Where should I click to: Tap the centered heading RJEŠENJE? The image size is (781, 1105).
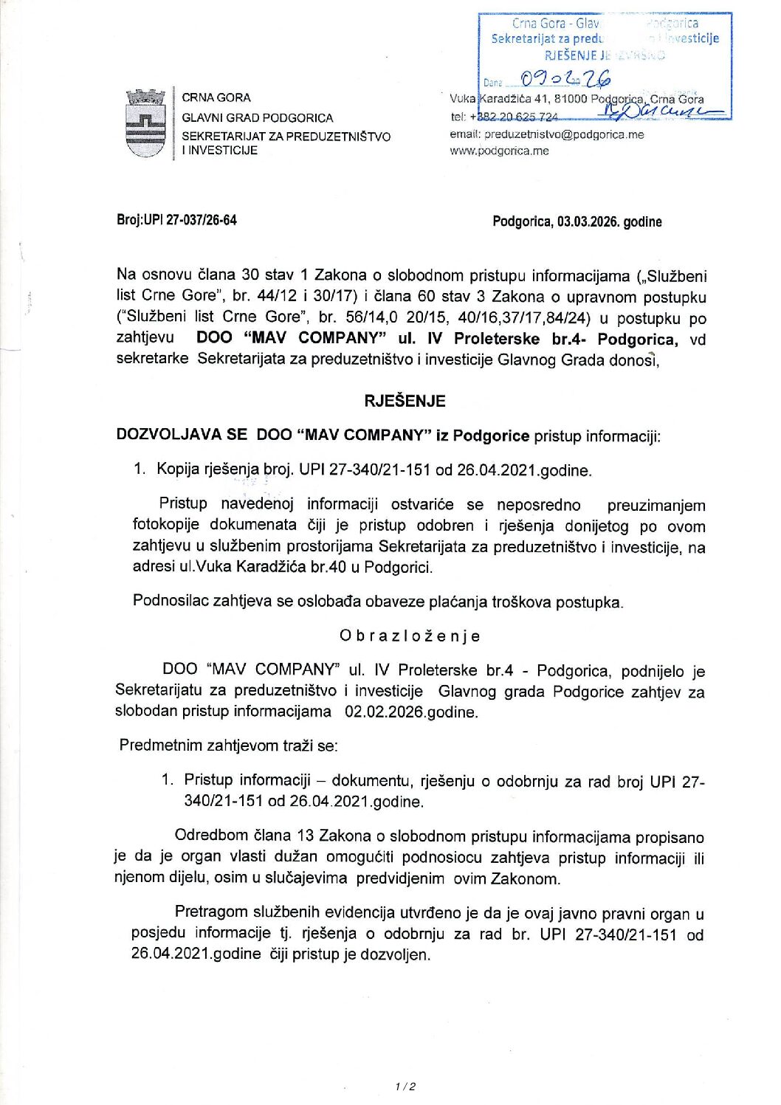[405, 401]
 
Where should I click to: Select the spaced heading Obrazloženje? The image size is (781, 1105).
[410, 636]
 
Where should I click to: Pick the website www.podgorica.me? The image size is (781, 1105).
[499, 151]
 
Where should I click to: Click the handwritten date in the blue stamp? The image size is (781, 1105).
[565, 78]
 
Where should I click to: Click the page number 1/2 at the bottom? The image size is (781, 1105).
[405, 1086]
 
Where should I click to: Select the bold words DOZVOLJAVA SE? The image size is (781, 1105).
[182, 435]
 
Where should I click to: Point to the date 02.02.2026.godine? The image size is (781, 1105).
[411, 712]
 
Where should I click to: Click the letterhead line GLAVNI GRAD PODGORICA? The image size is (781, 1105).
[257, 117]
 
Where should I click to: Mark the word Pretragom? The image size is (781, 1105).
[210, 913]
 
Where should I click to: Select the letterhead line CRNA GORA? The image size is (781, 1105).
[216, 97]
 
